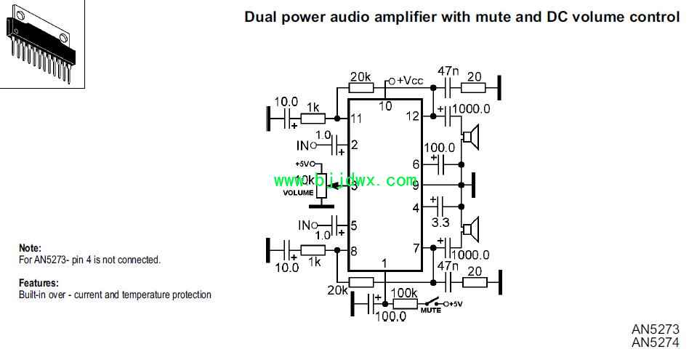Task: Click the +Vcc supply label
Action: coord(409,81)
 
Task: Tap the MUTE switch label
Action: coord(430,310)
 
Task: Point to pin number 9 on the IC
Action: coord(416,185)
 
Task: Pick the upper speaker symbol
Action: coord(472,136)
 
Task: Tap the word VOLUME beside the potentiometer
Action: coord(299,193)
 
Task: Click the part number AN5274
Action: coord(656,343)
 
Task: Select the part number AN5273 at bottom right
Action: coord(656,329)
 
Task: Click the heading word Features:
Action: coord(39,283)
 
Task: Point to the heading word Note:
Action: coord(30,248)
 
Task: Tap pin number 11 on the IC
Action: coord(356,118)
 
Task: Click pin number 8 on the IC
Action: coord(354,251)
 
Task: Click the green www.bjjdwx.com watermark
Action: coord(344,180)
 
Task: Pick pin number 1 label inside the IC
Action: coord(384,263)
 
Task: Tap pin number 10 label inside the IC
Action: coord(385,106)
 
